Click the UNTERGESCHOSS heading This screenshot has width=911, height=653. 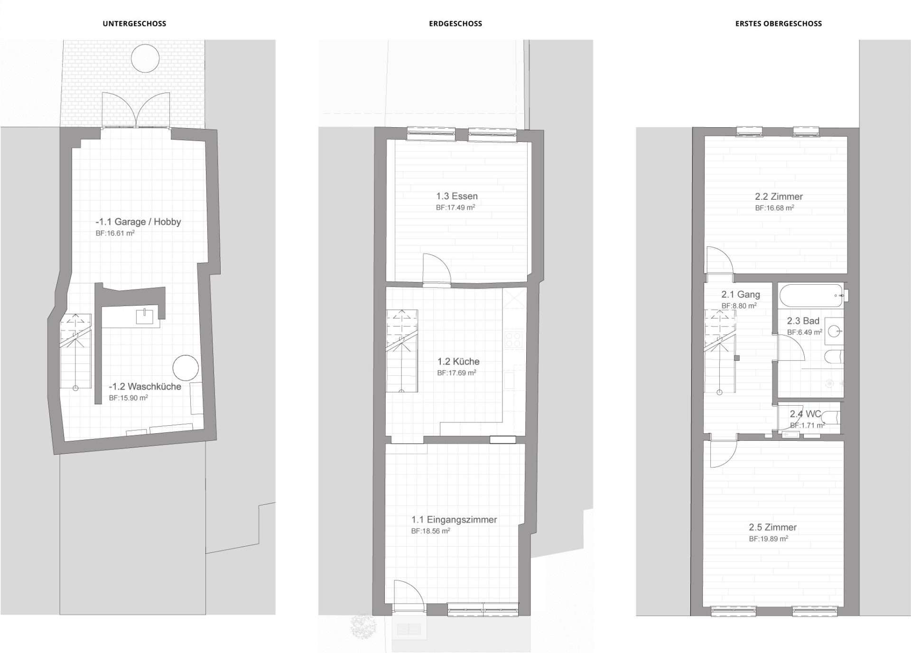point(134,23)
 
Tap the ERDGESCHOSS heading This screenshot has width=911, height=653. point(455,23)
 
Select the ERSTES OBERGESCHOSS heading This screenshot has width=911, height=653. point(779,23)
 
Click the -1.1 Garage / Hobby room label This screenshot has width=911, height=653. point(138,222)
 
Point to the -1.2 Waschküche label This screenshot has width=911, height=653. point(145,386)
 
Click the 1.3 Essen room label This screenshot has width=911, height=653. point(457,196)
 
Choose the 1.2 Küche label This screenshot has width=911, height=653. point(458,361)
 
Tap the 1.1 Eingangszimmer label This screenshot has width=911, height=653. point(454,520)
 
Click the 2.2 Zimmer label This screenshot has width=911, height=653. point(779,196)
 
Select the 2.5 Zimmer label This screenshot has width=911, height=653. point(772,527)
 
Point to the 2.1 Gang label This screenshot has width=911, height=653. point(740,294)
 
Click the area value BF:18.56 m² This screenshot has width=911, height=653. point(430,531)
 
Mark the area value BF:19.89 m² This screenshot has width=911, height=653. point(768,539)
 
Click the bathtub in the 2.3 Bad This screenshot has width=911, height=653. point(811,296)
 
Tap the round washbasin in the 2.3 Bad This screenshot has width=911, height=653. point(834,331)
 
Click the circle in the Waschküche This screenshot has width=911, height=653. point(186,368)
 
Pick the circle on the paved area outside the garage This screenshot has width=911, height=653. point(145,58)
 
